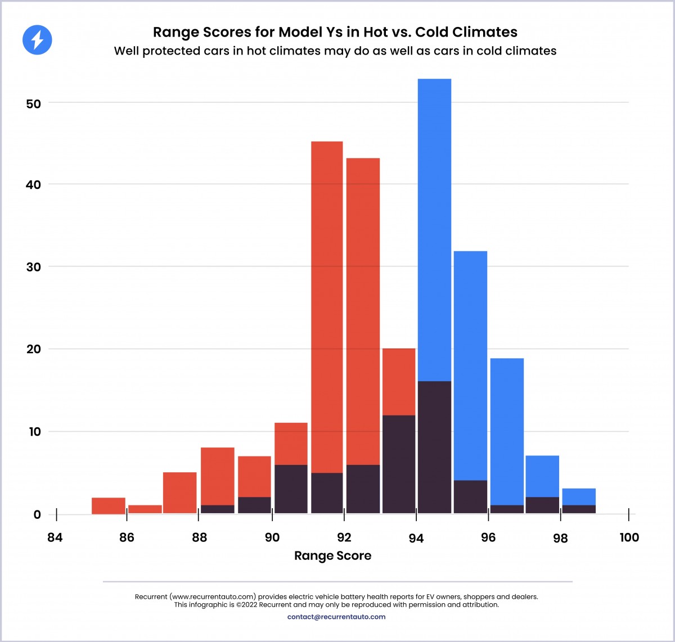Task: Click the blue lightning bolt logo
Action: point(37,40)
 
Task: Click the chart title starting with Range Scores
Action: point(335,32)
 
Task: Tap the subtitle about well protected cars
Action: point(335,51)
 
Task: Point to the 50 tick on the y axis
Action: point(34,104)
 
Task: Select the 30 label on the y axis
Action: point(34,267)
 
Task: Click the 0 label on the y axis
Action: point(38,514)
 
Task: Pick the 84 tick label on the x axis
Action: point(55,537)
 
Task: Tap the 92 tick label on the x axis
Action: point(344,537)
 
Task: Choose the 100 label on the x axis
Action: point(629,537)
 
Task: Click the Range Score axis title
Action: point(332,556)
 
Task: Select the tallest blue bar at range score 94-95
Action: point(434,225)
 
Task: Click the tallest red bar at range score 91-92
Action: point(327,304)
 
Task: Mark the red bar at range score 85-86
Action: point(109,506)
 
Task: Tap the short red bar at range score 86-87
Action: point(145,509)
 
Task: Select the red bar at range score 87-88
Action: point(180,493)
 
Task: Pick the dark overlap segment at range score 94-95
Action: point(434,447)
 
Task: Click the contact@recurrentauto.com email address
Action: point(336,617)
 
